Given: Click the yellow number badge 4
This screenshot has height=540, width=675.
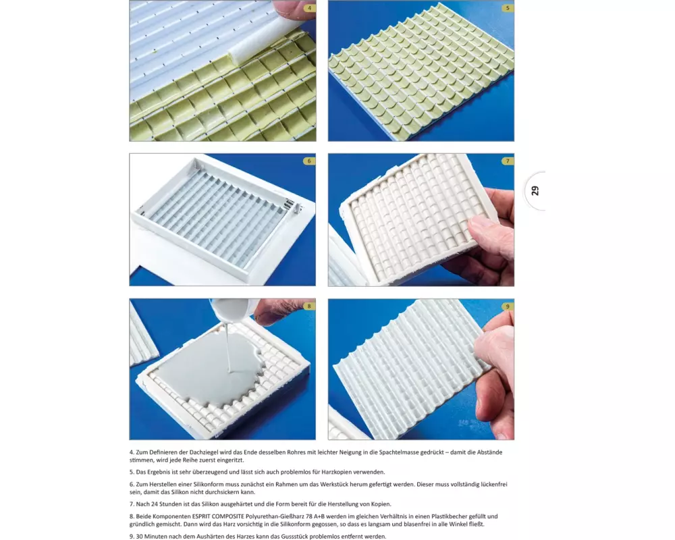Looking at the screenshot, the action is [309, 8].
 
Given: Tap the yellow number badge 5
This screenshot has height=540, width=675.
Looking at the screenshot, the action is [508, 8].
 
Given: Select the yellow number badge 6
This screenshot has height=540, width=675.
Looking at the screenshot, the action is [309, 161].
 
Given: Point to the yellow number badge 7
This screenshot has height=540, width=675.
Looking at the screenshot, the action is [508, 161].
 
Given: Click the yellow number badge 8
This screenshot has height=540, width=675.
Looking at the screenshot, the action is [309, 306].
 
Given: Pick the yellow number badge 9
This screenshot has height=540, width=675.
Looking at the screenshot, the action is [508, 306].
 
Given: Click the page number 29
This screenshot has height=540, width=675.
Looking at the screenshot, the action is [535, 191].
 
